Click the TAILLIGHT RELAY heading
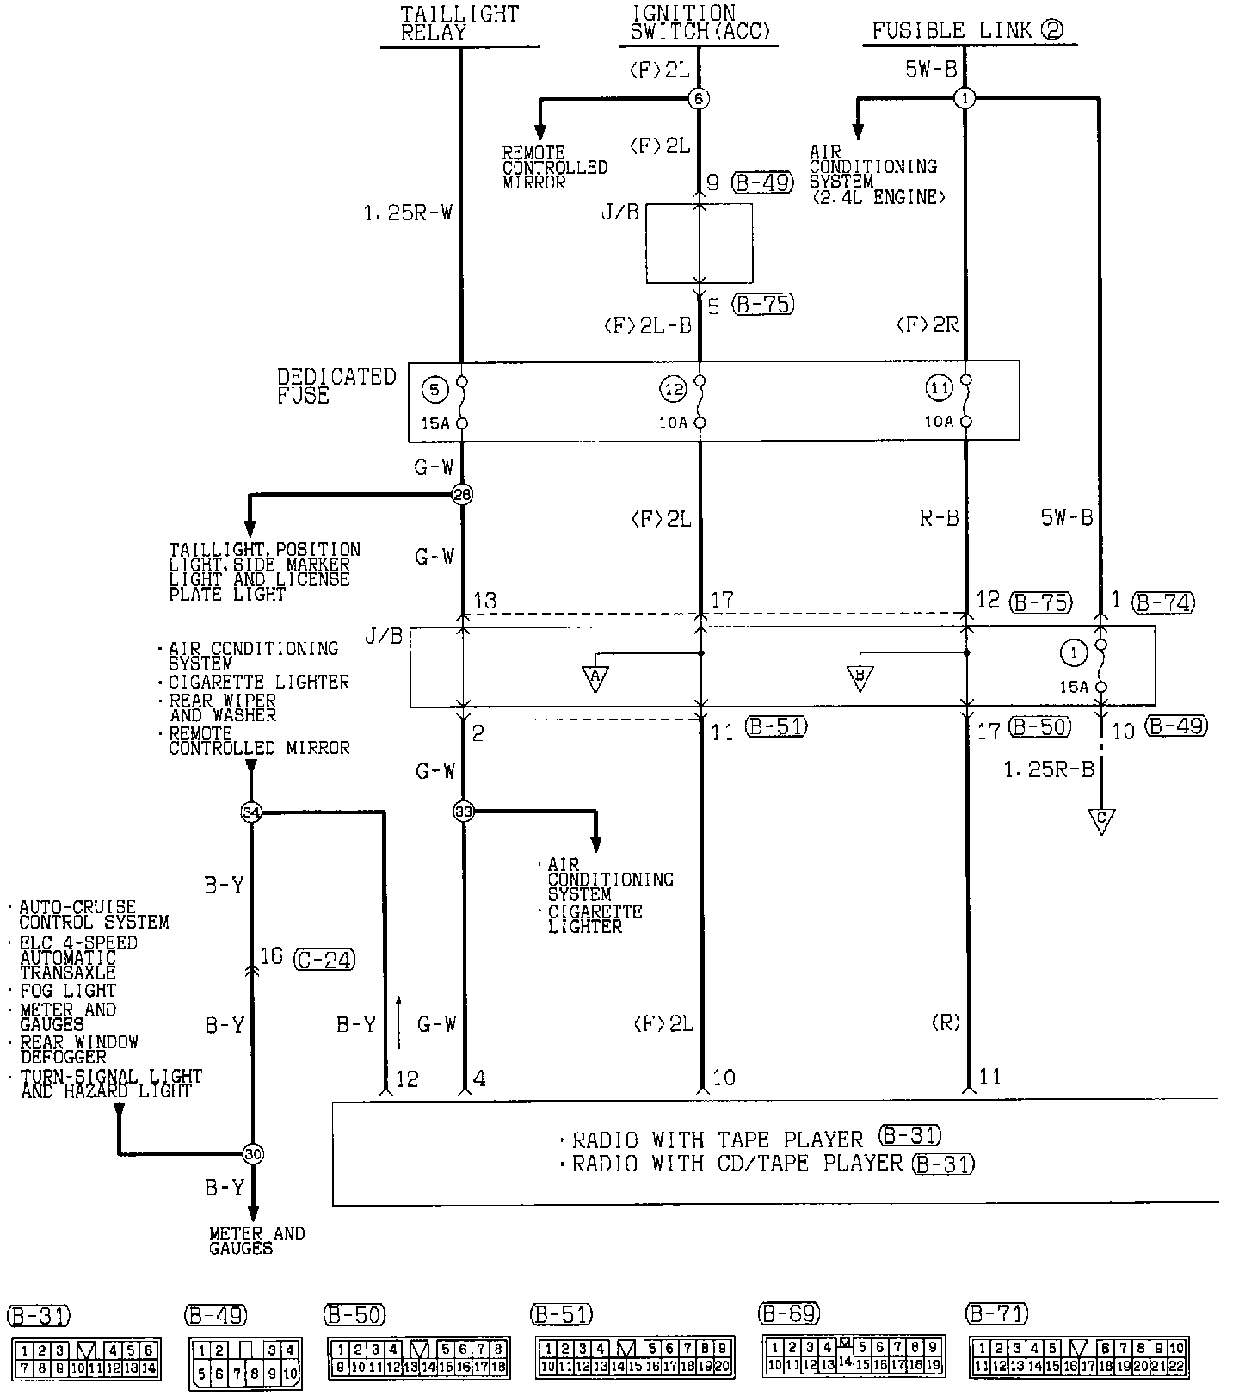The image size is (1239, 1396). click(x=459, y=23)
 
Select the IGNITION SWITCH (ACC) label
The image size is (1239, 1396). click(x=700, y=23)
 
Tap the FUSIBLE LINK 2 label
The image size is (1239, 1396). click(x=967, y=31)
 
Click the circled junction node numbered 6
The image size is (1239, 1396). click(x=699, y=99)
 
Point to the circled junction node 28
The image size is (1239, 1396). click(x=463, y=494)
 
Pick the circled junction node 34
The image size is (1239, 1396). click(x=251, y=812)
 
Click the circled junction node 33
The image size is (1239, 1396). click(x=463, y=811)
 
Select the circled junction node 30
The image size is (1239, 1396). click(x=253, y=1154)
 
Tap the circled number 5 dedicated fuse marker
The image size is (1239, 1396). click(x=435, y=390)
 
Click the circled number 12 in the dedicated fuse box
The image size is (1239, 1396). click(x=674, y=390)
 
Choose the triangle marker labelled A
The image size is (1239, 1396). click(x=595, y=677)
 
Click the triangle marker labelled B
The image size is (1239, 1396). click(x=859, y=676)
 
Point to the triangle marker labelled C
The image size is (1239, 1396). click(x=1100, y=820)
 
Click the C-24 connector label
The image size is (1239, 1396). click(x=324, y=959)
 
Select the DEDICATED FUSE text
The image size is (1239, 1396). click(x=336, y=386)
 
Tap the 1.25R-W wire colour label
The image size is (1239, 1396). click(x=407, y=212)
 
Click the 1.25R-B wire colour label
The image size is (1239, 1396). click(x=1048, y=769)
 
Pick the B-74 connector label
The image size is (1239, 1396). click(x=1163, y=602)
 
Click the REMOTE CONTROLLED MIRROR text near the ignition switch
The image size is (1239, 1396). click(x=554, y=167)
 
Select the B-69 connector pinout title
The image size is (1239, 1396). click(x=789, y=1313)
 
